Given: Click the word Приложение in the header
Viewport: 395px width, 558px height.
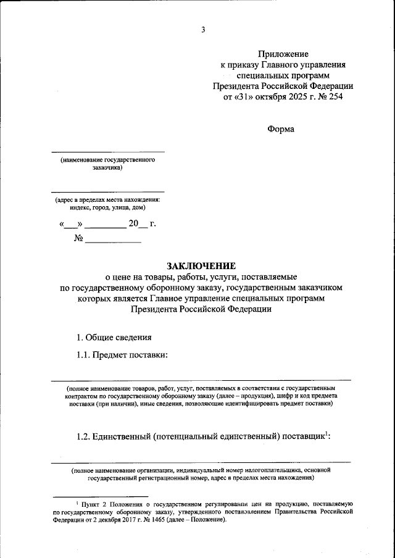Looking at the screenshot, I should (x=283, y=54).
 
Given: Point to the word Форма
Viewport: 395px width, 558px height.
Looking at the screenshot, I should (x=281, y=129).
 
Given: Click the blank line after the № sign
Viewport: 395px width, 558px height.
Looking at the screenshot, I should (x=113, y=242).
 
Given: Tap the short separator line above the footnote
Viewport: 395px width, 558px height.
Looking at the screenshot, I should (x=101, y=496).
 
